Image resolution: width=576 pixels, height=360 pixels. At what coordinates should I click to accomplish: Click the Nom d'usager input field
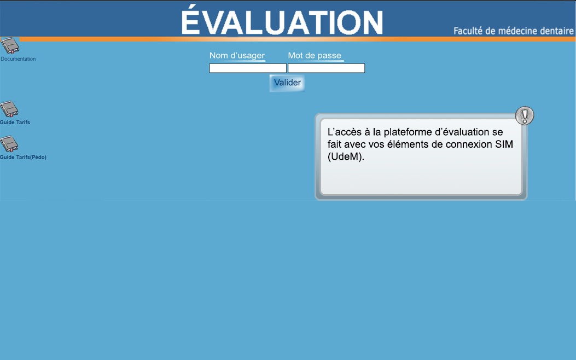coord(248,68)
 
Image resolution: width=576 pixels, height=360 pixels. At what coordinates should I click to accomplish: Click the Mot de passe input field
coord(326,68)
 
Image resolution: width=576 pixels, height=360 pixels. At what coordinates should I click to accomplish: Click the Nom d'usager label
coord(237,55)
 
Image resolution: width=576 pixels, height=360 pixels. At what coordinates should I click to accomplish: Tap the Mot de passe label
coord(315,55)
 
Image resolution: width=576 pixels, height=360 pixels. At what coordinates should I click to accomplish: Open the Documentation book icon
coord(10,46)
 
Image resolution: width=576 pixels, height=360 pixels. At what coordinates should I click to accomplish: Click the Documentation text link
coord(18,59)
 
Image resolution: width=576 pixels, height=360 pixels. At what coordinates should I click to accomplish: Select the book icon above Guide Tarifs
coord(9,109)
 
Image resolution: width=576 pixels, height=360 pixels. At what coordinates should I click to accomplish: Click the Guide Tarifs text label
coord(15,123)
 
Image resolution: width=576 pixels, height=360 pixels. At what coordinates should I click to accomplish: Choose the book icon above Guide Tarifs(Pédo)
coord(9,144)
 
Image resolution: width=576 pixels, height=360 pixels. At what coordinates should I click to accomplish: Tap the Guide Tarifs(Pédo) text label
coord(23,157)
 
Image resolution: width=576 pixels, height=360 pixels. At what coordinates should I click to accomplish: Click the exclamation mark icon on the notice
coord(525,116)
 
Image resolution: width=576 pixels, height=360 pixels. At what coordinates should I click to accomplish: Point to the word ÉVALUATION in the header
coord(282,21)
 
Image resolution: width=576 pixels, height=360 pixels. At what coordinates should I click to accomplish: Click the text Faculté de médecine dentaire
coord(514,31)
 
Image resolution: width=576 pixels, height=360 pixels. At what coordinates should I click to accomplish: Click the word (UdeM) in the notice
coord(346,157)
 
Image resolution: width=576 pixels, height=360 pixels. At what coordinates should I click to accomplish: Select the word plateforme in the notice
coord(405,132)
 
